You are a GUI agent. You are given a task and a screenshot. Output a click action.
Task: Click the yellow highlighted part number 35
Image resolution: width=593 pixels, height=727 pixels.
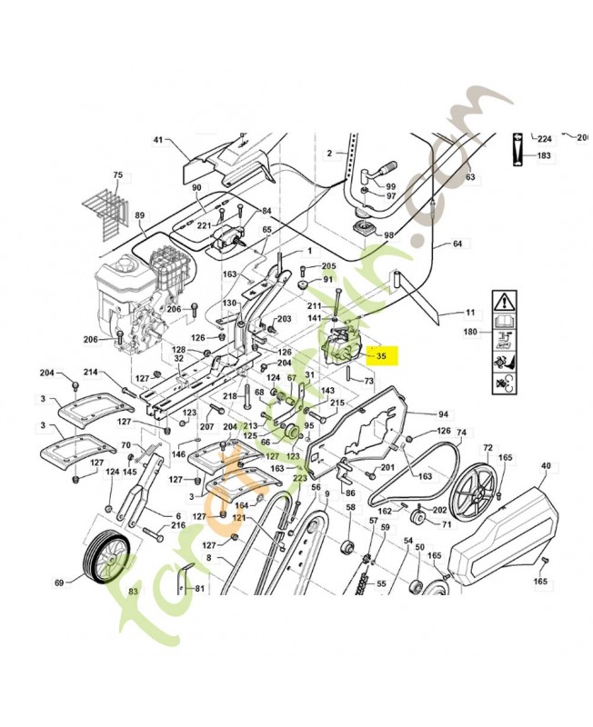(381, 358)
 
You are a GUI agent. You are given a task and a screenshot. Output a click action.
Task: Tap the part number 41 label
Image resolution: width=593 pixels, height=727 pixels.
(156, 140)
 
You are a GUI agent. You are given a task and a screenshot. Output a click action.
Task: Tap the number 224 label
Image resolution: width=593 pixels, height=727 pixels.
(545, 139)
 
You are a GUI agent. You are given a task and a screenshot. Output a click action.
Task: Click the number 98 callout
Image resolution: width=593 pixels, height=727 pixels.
(389, 234)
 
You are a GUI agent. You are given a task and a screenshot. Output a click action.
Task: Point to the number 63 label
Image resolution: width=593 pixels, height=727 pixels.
(470, 177)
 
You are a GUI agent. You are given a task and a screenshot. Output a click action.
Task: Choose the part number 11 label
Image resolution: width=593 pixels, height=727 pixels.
(470, 313)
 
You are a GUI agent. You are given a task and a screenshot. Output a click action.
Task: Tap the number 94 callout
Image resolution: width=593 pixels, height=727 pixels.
(443, 413)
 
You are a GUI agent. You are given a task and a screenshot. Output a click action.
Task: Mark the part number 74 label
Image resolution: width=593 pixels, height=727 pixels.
(461, 433)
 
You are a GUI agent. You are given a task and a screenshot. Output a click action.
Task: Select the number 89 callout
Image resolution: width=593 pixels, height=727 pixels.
(140, 215)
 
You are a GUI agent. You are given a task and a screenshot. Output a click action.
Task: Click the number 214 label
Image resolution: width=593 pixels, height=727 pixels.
(90, 373)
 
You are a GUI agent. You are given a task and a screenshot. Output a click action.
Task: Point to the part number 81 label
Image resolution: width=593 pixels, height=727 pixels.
(200, 588)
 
